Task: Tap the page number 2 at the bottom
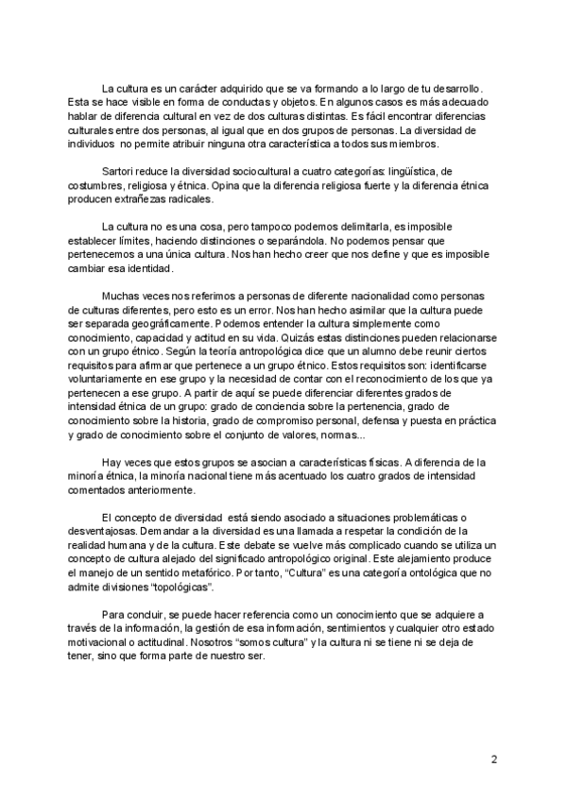(494, 759)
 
